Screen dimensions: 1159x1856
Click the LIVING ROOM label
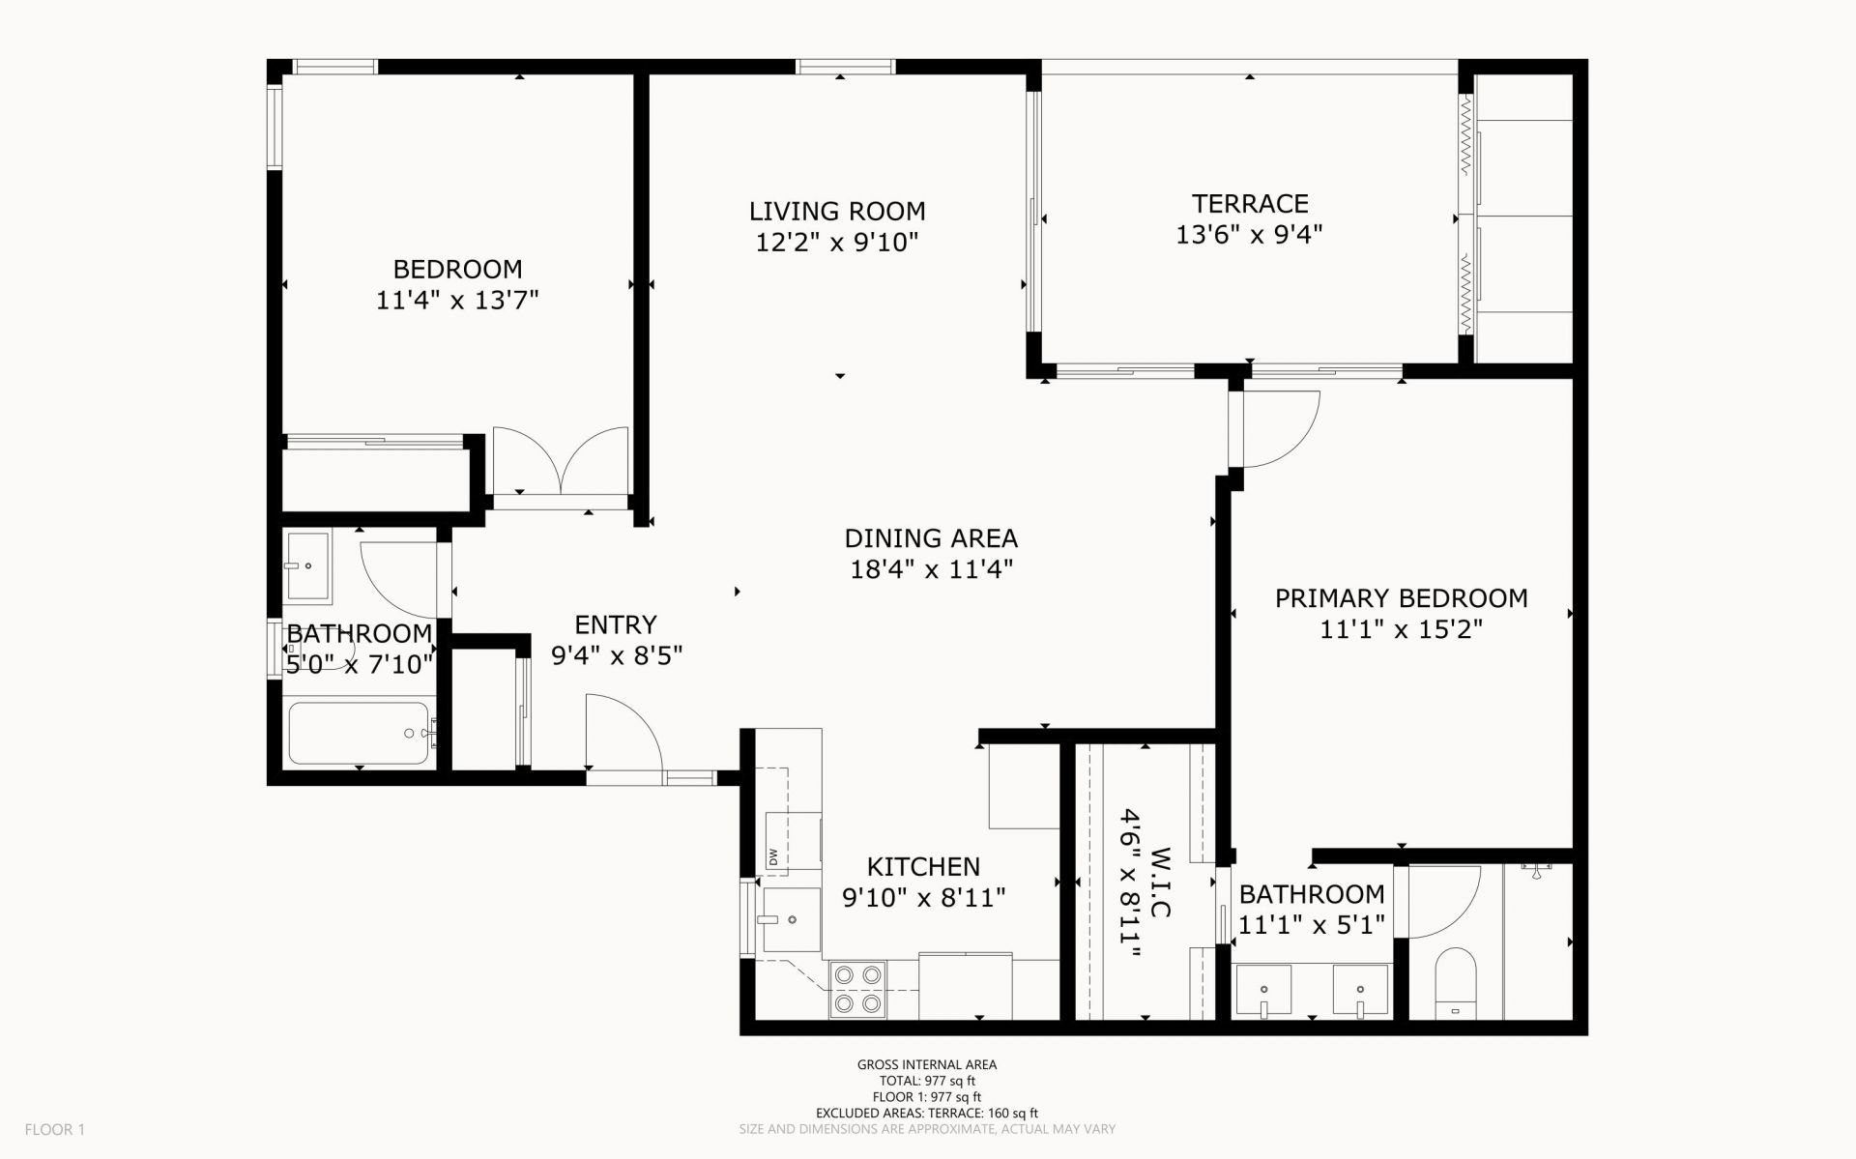pyautogui.click(x=837, y=211)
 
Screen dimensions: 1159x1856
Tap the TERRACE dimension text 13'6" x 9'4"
pyautogui.click(x=1249, y=235)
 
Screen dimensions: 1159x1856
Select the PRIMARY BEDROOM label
pyautogui.click(x=1401, y=598)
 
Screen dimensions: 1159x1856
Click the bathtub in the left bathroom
pyautogui.click(x=359, y=734)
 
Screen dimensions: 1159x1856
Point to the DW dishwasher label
pyautogui.click(x=773, y=856)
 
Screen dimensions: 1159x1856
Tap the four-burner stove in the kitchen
pyautogui.click(x=858, y=989)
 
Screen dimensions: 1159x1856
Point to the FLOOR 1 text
pyautogui.click(x=55, y=1129)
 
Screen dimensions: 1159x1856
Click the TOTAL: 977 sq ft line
pyautogui.click(x=927, y=1081)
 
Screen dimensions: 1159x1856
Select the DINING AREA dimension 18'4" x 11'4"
pyautogui.click(x=931, y=569)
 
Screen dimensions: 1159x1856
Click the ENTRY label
pyautogui.click(x=616, y=624)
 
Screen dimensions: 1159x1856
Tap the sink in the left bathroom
pyautogui.click(x=308, y=565)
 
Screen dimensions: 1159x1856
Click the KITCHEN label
pyautogui.click(x=923, y=866)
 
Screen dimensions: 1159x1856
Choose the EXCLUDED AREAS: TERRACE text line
pyautogui.click(x=927, y=1113)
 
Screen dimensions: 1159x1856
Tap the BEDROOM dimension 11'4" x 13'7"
pyautogui.click(x=457, y=301)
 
